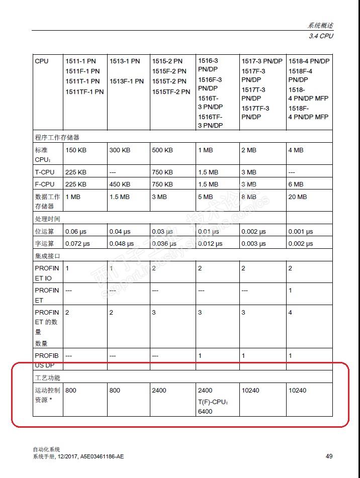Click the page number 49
click(329, 456)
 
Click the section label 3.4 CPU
click(321, 36)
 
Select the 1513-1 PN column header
click(125, 61)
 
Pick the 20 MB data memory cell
click(298, 197)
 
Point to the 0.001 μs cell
click(300, 231)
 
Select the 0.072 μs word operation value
click(77, 243)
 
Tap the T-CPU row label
click(45, 172)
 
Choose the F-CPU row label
click(45, 184)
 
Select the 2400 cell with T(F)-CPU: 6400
click(205, 400)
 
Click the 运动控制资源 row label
click(47, 395)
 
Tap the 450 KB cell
click(120, 184)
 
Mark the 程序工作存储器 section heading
click(57, 137)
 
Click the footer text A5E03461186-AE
click(102, 456)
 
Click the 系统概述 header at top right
click(321, 26)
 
